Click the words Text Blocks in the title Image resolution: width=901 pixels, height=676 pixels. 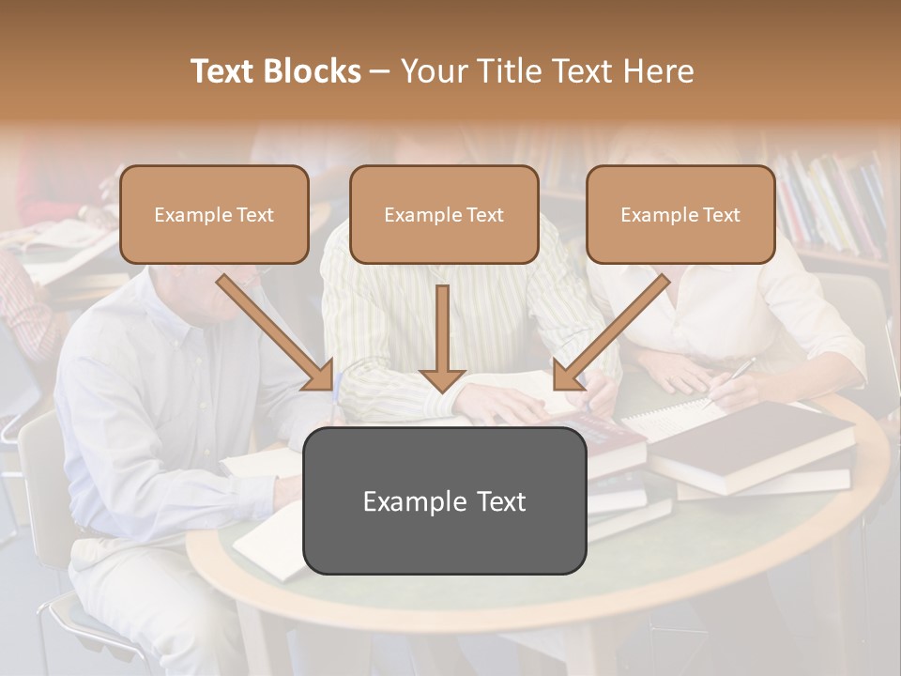275,71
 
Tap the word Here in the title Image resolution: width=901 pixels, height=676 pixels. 658,71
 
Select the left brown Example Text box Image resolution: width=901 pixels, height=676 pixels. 214,214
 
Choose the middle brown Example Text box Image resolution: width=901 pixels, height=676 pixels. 444,214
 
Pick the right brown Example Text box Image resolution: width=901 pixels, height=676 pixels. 680,214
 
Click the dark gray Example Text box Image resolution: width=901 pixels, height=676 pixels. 444,500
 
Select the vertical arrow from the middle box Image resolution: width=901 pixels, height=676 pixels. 442,329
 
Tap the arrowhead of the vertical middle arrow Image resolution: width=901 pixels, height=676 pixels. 442,379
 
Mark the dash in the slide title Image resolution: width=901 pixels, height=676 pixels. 380,71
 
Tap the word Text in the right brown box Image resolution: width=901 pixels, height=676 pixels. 720,214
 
